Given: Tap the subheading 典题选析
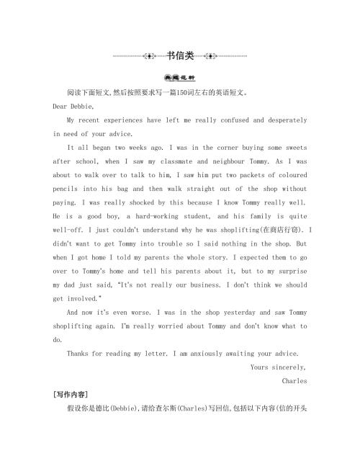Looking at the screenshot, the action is coord(180,79).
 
